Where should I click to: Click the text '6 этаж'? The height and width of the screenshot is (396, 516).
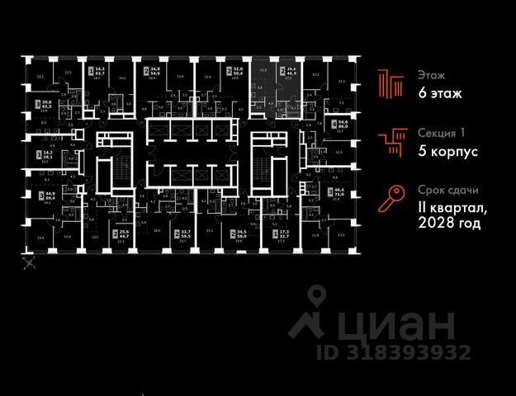pos(439,93)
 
